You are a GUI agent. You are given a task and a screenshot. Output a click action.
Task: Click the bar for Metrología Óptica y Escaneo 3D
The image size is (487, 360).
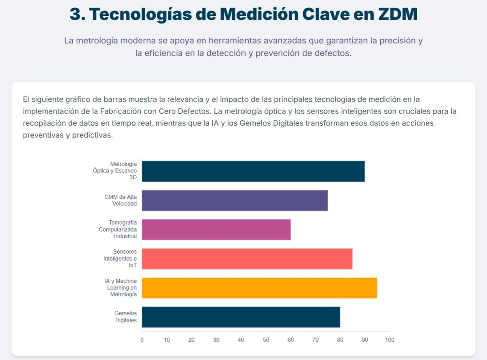click(253, 171)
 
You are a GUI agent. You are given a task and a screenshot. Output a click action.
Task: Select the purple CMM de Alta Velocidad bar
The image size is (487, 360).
click(235, 200)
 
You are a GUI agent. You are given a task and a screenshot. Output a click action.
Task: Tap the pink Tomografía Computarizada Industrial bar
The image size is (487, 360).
click(216, 230)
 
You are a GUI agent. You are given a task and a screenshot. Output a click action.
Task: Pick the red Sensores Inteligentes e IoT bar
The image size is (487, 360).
click(247, 259)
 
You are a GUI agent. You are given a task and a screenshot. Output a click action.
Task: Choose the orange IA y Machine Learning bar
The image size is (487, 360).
click(259, 288)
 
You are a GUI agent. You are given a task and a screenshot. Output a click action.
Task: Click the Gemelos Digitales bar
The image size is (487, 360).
click(241, 317)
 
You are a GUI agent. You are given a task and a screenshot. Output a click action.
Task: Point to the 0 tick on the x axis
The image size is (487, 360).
click(142, 340)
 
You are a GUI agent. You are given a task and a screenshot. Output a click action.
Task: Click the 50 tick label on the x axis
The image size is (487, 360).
click(266, 340)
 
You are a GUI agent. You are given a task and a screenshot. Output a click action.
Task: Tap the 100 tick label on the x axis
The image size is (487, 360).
click(390, 340)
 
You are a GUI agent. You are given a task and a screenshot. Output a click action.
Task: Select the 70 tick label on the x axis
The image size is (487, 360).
click(315, 340)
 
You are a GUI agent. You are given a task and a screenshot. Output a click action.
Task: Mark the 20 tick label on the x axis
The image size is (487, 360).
click(192, 340)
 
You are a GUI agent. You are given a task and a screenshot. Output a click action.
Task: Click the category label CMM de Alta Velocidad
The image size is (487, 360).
click(121, 200)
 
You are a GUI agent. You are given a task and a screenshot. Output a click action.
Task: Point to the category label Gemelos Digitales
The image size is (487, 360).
click(125, 317)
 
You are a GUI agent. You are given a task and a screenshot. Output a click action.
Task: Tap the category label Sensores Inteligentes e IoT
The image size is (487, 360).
click(120, 259)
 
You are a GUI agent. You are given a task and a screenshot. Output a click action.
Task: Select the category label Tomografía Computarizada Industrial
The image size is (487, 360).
click(118, 229)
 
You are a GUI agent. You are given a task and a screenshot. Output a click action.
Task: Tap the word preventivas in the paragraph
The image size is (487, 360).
click(43, 135)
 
